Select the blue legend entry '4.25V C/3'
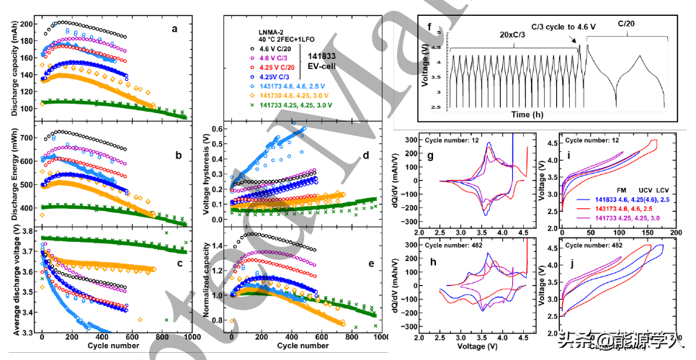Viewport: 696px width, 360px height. [279, 76]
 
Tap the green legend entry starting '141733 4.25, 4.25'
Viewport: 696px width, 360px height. [298, 105]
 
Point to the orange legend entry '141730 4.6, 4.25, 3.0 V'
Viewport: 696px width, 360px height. [297, 95]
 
